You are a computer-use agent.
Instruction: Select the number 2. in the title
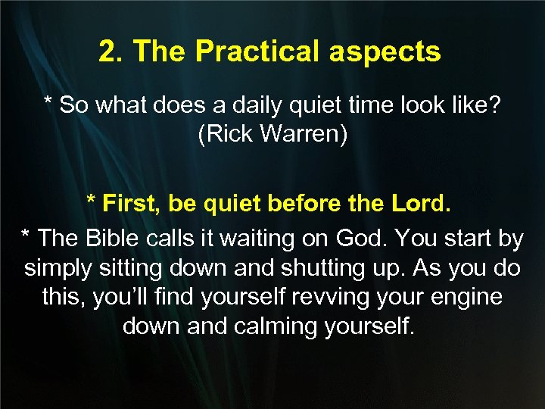click(111, 52)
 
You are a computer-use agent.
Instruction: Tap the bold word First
click(133, 204)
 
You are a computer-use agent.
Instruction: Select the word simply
click(58, 268)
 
